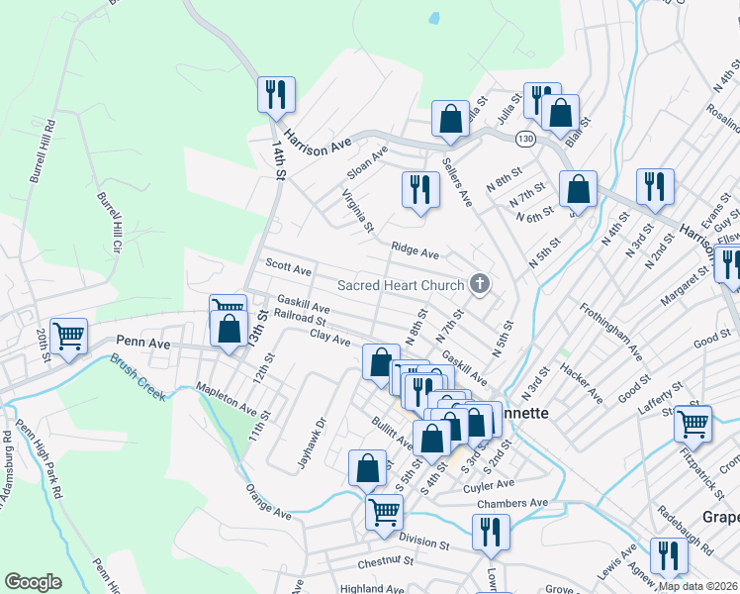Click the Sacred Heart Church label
[401, 285]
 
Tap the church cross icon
[480, 285]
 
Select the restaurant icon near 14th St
[273, 95]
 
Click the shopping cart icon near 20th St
[69, 337]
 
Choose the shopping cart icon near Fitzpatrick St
[693, 424]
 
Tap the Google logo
[33, 582]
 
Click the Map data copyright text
[697, 586]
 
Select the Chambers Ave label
[511, 503]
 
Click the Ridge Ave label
[415, 252]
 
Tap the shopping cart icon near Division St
[384, 513]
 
